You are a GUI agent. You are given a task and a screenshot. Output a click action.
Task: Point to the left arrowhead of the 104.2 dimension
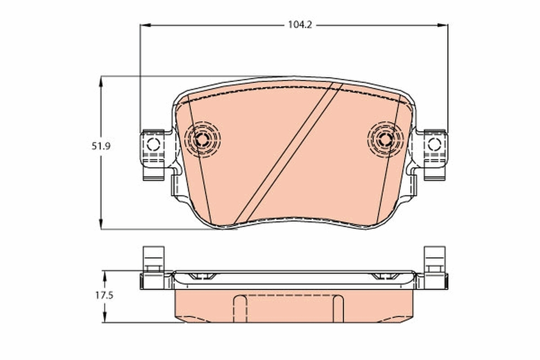pos(144,25)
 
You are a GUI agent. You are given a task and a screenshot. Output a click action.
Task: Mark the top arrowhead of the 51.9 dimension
pos(100,80)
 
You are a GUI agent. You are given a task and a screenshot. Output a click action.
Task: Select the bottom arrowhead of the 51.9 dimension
pos(100,227)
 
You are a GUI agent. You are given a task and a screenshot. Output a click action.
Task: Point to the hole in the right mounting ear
pos(434,144)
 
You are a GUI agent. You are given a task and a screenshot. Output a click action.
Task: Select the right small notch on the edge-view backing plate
pos(384,277)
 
